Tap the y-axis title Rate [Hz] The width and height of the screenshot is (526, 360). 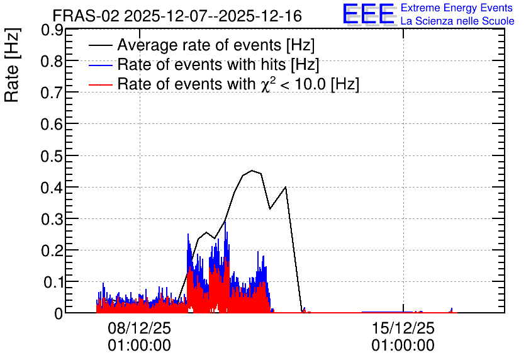click(x=12, y=65)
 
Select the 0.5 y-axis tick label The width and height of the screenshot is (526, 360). click(x=52, y=156)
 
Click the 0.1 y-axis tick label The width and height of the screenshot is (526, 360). click(x=53, y=282)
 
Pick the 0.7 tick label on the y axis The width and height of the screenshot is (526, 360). click(x=52, y=93)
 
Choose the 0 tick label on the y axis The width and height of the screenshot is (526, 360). click(x=59, y=313)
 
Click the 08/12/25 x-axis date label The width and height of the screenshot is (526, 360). click(x=139, y=328)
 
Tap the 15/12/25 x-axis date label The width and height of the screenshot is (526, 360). click(x=403, y=328)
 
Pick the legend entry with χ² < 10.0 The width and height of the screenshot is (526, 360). click(x=238, y=84)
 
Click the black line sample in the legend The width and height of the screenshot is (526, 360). click(x=101, y=45)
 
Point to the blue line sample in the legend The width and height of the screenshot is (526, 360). click(x=101, y=65)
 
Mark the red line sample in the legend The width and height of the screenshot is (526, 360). click(x=101, y=84)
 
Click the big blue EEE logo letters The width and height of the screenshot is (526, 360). click(x=368, y=14)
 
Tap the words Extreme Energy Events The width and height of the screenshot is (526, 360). click(x=457, y=8)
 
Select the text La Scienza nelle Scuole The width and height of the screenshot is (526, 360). click(x=457, y=21)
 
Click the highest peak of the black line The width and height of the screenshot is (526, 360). click(x=252, y=171)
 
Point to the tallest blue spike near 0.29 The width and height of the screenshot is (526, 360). click(x=225, y=222)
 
